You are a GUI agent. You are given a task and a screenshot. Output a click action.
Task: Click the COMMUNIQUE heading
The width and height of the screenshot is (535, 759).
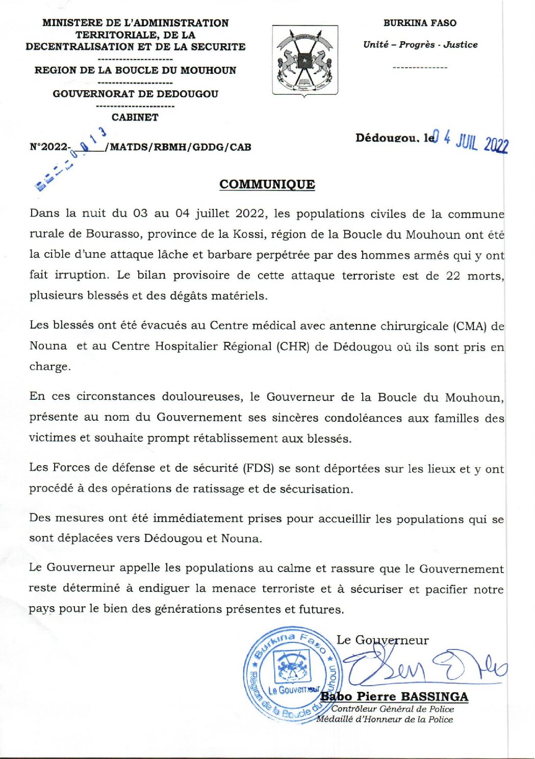click(267, 184)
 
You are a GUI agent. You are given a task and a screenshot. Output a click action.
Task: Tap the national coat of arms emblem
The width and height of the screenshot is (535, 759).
click(305, 61)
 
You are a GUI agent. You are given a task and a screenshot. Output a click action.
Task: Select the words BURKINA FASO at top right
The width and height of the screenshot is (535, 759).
click(420, 23)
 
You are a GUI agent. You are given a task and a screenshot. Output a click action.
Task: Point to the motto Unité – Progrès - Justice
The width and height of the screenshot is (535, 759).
click(420, 45)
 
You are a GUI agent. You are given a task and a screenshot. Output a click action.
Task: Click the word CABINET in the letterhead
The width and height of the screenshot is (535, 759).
click(135, 117)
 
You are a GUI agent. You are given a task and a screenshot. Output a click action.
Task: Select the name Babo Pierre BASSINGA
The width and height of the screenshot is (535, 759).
click(394, 696)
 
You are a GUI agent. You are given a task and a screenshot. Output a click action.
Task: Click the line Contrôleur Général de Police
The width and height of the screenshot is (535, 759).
click(392, 709)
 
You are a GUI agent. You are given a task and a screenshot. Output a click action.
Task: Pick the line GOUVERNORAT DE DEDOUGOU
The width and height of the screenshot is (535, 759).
click(136, 94)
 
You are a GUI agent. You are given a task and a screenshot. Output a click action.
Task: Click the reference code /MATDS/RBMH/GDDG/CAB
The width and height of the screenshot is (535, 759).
click(178, 147)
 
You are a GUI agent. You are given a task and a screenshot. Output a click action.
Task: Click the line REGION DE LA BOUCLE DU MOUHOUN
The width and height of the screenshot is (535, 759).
click(136, 70)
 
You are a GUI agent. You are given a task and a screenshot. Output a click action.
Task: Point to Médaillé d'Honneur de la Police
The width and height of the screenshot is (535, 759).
click(385, 719)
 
